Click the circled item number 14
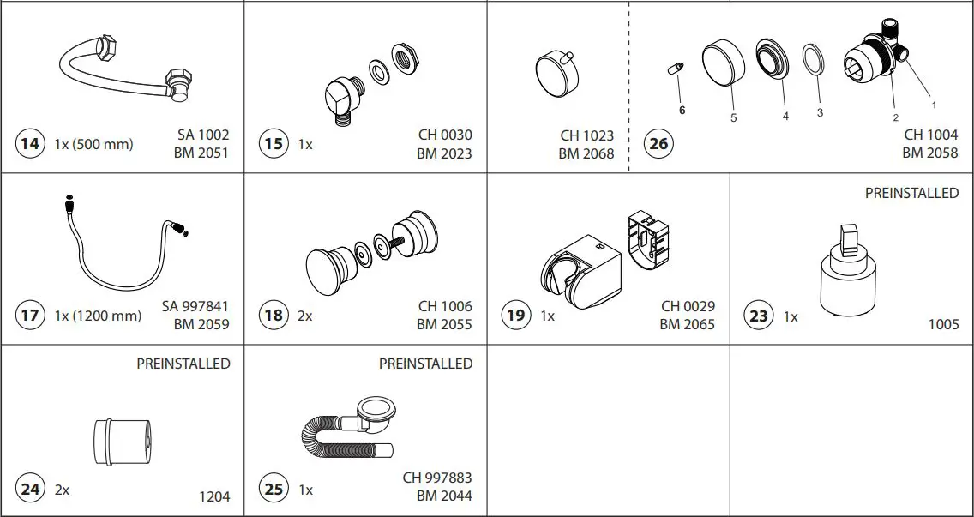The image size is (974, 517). tap(30, 143)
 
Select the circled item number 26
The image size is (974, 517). tap(658, 143)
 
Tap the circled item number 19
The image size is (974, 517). tap(515, 315)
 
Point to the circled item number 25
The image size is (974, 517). tap(274, 490)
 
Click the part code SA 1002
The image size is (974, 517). tap(203, 135)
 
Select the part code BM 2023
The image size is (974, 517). tap(444, 153)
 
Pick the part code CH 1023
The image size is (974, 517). tap(587, 135)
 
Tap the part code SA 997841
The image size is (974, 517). tap(195, 306)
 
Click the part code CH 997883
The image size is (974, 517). tap(437, 478)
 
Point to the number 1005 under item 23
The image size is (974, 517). tap(943, 324)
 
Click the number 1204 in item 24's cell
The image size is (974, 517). tap(214, 496)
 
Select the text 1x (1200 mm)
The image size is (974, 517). tap(98, 316)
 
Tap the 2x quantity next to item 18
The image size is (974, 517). tap(304, 316)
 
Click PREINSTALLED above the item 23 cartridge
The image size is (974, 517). tap(911, 193)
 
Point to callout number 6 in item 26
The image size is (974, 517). tap(682, 110)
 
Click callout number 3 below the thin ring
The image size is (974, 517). tap(820, 112)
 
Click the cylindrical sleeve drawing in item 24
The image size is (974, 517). tap(121, 440)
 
